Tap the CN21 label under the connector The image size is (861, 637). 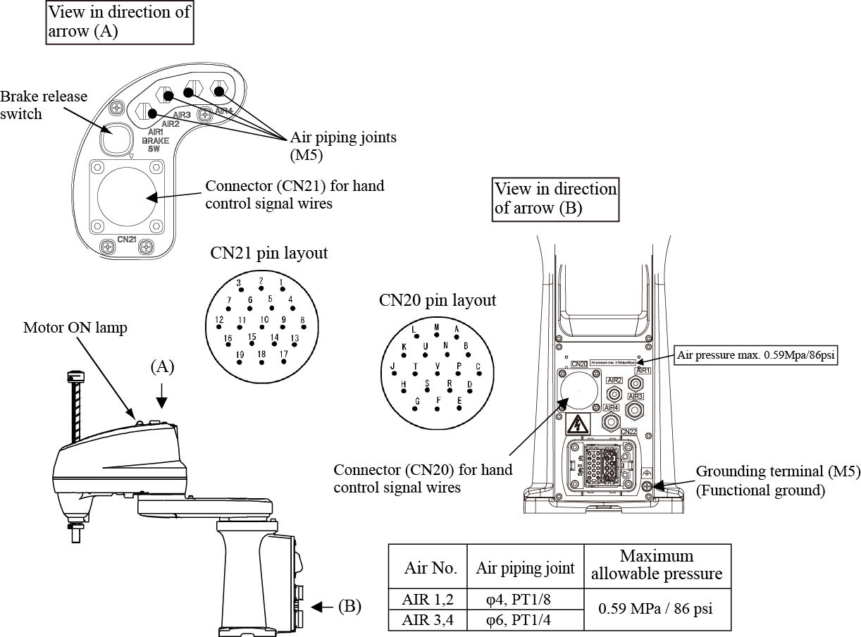point(127,240)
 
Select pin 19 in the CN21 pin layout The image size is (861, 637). point(240,361)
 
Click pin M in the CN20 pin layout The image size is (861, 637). point(437,335)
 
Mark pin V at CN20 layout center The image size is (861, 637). point(438,373)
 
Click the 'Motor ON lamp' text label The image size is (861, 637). point(75,328)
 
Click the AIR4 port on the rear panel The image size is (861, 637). point(611,421)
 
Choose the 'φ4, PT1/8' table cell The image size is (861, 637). point(525,600)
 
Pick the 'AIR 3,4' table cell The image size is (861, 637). point(428,620)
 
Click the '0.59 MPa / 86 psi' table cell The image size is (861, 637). point(655,609)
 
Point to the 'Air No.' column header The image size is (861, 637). point(430,568)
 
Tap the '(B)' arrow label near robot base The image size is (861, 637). point(349,606)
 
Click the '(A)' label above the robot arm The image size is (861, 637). point(161,366)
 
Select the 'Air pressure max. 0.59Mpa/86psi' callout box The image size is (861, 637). point(755,355)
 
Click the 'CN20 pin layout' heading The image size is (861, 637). point(438,300)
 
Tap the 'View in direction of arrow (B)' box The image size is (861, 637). point(555,198)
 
